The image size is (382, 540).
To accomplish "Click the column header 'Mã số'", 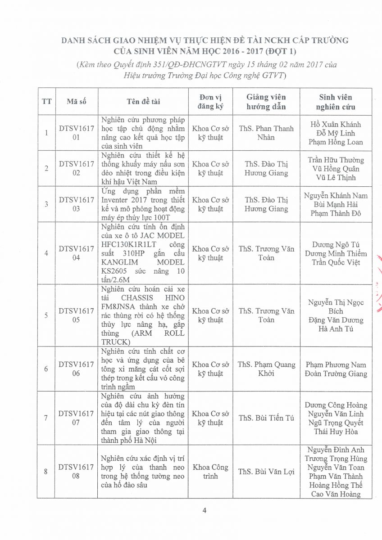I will pyautogui.click(x=76, y=102).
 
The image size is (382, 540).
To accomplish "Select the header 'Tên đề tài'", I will pyautogui.click(x=144, y=102).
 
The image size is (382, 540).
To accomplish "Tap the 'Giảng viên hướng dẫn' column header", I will pyautogui.click(x=266, y=102).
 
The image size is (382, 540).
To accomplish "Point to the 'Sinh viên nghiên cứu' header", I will pyautogui.click(x=336, y=102).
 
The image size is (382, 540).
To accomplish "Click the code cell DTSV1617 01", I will pyautogui.click(x=76, y=133).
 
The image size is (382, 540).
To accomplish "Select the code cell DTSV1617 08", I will pyautogui.click(x=76, y=472).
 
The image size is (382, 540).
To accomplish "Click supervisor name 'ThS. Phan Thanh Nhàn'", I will pyautogui.click(x=266, y=133).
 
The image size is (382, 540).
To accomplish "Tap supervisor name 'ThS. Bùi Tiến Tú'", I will pyautogui.click(x=266, y=418).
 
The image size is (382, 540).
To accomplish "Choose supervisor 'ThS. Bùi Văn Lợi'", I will pyautogui.click(x=266, y=472).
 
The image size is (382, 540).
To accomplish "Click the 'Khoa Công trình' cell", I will pyautogui.click(x=210, y=472).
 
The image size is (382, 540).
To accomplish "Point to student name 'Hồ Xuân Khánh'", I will pyautogui.click(x=336, y=124).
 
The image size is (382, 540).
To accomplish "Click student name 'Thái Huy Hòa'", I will pyautogui.click(x=336, y=432).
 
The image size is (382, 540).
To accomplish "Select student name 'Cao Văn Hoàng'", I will pyautogui.click(x=336, y=494).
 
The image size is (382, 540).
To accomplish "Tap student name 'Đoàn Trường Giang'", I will pyautogui.click(x=336, y=373).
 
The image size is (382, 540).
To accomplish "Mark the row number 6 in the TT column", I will pyautogui.click(x=46, y=369).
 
